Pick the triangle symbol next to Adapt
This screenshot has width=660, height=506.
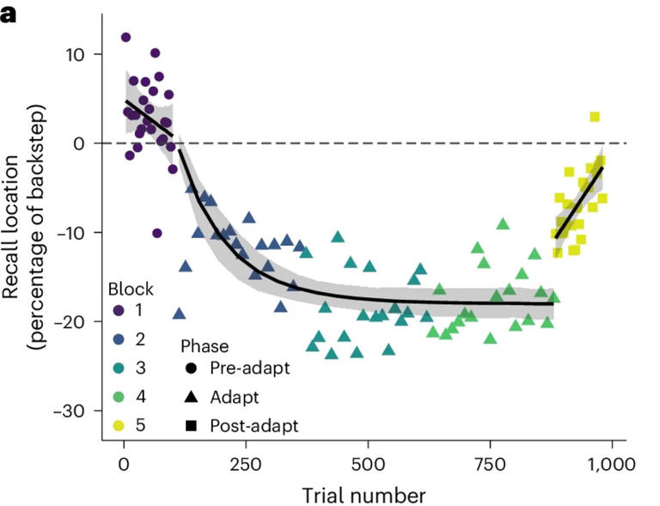pyautogui.click(x=190, y=398)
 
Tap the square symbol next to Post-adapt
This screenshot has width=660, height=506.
pyautogui.click(x=190, y=424)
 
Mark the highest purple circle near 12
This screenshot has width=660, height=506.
pyautogui.click(x=126, y=38)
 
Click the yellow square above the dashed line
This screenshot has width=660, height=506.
pyautogui.click(x=595, y=117)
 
